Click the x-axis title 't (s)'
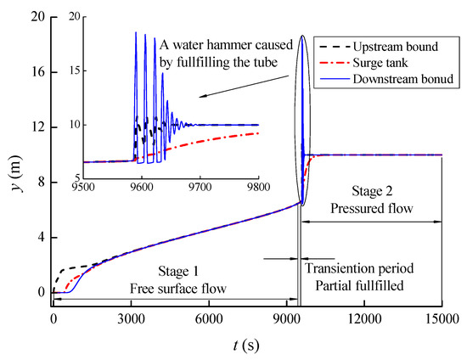pos(246,347)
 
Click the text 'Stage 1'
pos(177,272)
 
